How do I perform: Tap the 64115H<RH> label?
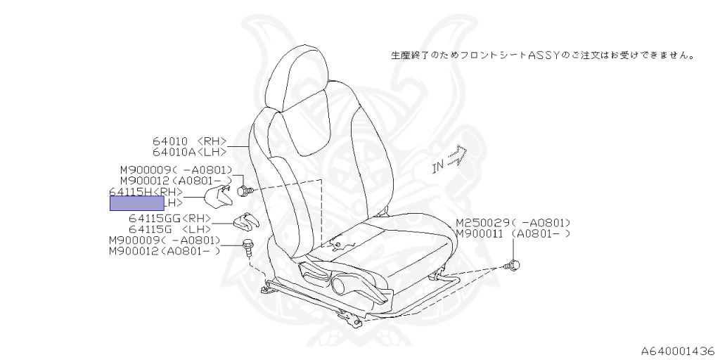click(x=146, y=192)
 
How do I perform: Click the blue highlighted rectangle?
click(x=136, y=204)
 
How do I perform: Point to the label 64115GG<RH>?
click(x=169, y=219)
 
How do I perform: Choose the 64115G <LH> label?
click(x=169, y=229)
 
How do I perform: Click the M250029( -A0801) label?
click(x=512, y=222)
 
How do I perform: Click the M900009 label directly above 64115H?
click(x=176, y=169)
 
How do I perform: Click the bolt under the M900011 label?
click(x=514, y=265)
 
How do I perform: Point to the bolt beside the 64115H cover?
click(x=244, y=190)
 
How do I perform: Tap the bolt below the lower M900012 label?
click(x=247, y=245)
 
